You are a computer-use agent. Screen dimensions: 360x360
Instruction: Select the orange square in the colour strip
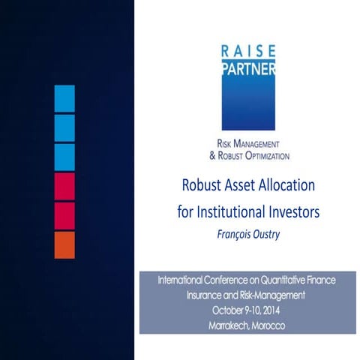click(64, 244)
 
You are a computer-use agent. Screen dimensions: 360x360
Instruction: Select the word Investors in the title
click(295, 212)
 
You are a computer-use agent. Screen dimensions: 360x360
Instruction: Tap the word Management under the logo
click(256, 143)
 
